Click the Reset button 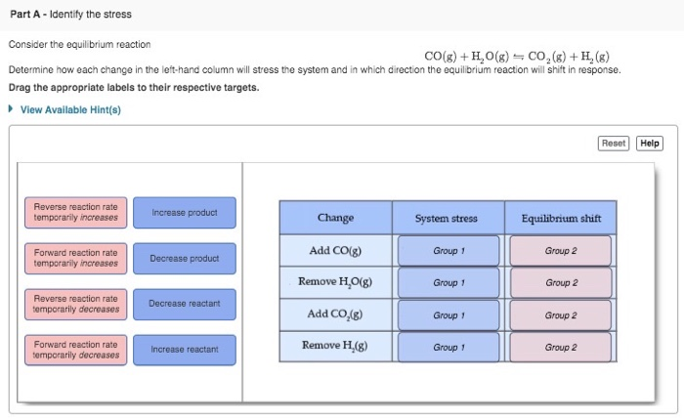[614, 144]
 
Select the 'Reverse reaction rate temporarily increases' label [75, 212]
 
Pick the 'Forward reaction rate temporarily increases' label [75, 258]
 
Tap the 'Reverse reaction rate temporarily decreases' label [75, 304]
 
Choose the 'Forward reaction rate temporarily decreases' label [75, 350]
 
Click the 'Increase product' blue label [184, 212]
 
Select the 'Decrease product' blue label [184, 258]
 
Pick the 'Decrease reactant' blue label [184, 304]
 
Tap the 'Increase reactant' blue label [184, 350]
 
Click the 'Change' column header [335, 218]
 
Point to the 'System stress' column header [448, 218]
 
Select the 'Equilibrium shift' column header [561, 218]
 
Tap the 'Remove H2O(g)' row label [335, 283]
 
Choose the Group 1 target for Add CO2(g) [448, 314]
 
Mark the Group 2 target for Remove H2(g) [561, 347]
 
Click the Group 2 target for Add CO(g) [561, 251]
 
